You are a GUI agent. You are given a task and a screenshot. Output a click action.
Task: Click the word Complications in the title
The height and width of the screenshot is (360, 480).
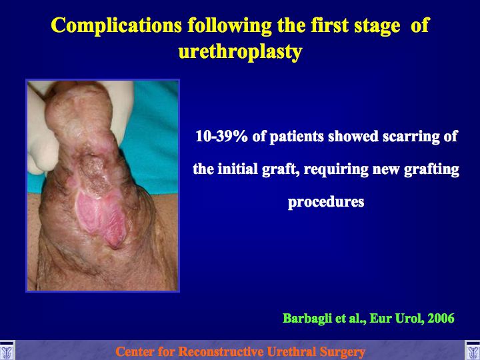(116, 25)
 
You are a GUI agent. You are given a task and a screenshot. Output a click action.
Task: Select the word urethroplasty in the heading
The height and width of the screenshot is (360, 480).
(240, 53)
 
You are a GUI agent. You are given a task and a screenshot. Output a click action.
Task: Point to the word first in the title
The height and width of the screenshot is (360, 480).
(330, 25)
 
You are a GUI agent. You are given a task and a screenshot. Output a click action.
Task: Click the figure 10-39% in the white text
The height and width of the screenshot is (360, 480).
(221, 136)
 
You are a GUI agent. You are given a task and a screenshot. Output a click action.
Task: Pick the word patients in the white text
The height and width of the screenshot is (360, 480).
(296, 137)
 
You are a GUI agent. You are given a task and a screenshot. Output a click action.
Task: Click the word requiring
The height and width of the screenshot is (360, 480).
(336, 169)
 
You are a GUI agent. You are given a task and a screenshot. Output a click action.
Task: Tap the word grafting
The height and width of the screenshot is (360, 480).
(431, 169)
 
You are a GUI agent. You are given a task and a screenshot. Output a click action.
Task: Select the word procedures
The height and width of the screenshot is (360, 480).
(326, 203)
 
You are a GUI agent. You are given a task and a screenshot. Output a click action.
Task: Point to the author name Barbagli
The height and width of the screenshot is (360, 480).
(307, 319)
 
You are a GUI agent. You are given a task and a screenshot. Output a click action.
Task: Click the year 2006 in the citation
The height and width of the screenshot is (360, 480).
(441, 319)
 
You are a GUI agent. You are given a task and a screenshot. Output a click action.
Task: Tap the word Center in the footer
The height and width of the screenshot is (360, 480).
(135, 351)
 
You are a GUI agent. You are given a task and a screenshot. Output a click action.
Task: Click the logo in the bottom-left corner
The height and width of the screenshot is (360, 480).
(7, 351)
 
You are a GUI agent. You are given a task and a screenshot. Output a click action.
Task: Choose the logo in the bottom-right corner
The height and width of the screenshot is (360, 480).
(473, 351)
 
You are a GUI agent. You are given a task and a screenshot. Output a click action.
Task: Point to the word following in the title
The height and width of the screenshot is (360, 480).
(229, 26)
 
